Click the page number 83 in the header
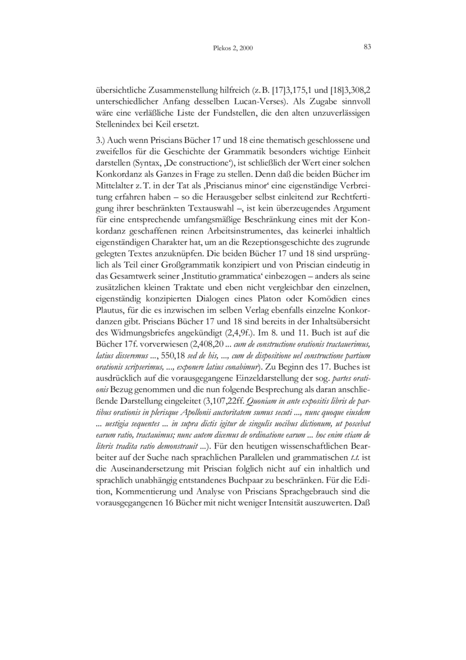point(367,47)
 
